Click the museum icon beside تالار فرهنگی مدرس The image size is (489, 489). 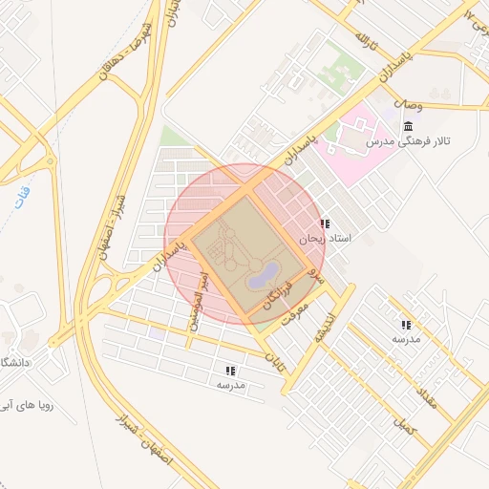408,128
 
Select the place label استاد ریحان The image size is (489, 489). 326,238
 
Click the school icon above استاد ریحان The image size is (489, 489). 326,223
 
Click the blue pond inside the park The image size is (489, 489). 261,278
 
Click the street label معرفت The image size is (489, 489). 299,316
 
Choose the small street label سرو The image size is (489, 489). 320,277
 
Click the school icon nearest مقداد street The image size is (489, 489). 407,325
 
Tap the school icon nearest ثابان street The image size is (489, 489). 230,371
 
